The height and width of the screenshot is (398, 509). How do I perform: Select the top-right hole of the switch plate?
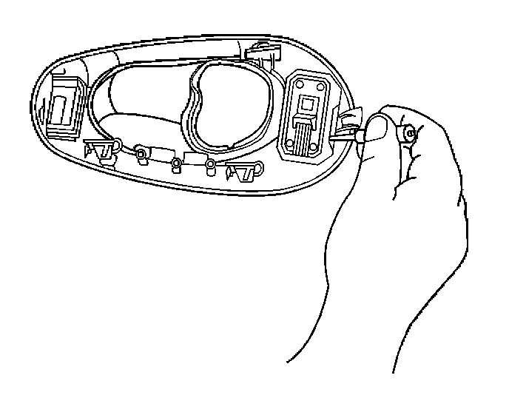(320, 87)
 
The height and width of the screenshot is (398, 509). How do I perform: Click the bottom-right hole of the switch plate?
(314, 146)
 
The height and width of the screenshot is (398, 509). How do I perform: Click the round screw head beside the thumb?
(408, 134)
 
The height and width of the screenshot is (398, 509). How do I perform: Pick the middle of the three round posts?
(176, 164)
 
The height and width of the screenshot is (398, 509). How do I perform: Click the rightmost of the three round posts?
(210, 164)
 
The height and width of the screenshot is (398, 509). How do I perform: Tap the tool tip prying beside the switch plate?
(348, 133)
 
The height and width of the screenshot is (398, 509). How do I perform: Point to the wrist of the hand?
(348, 311)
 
